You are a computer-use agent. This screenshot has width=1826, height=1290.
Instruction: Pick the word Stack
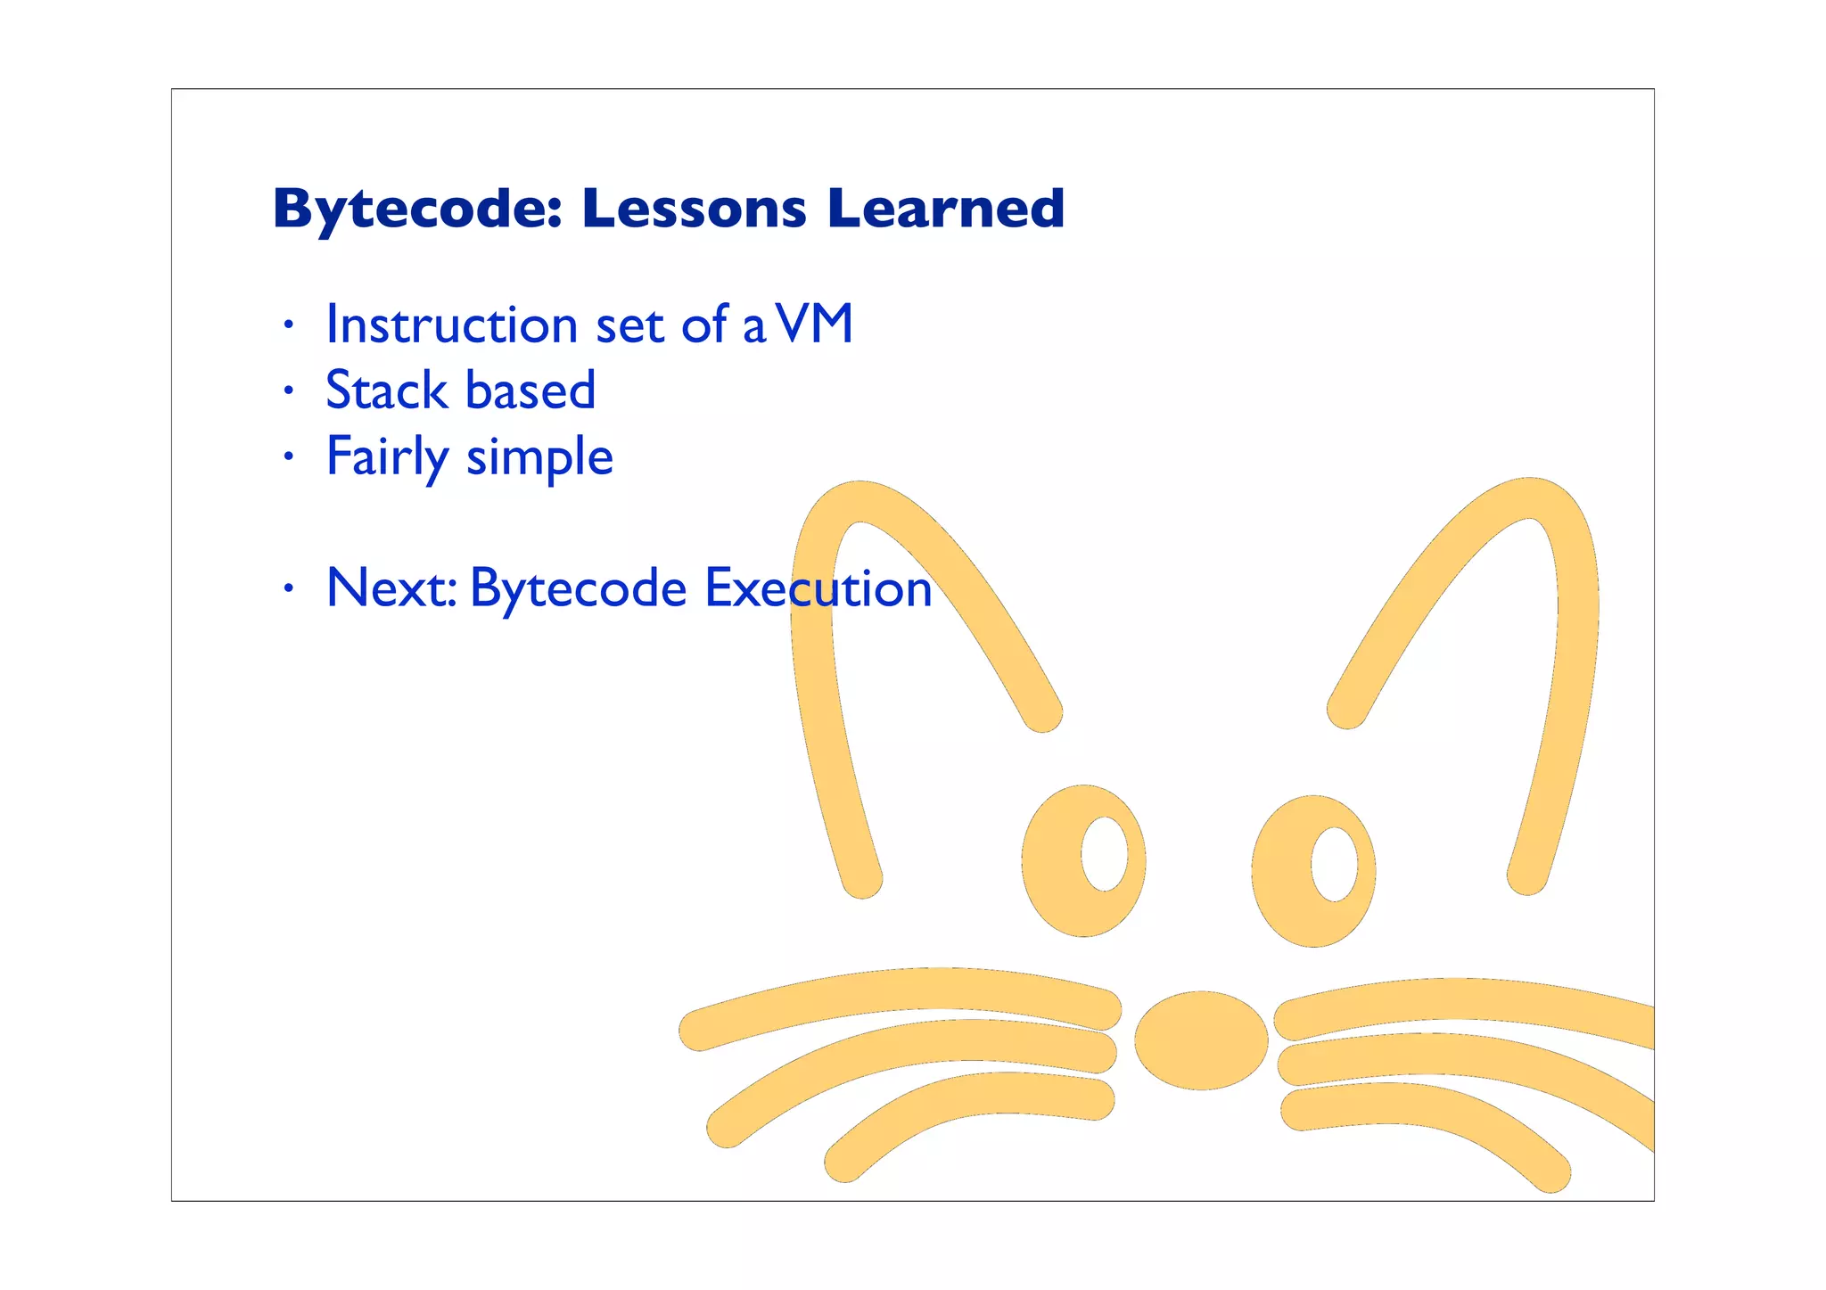386,390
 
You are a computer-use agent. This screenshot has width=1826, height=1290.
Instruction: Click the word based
531,390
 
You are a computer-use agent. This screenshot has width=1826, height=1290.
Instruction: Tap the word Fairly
387,458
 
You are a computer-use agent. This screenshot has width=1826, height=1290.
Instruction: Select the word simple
539,458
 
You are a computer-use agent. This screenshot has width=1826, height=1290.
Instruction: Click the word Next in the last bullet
391,588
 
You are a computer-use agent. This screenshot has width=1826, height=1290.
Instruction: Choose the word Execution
818,588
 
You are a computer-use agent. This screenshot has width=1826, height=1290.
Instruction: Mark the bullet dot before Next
287,587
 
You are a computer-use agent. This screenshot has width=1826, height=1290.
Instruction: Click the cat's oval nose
1201,1039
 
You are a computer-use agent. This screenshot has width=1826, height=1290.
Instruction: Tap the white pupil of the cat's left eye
1104,853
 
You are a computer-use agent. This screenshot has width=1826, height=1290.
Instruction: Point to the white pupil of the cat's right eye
1334,864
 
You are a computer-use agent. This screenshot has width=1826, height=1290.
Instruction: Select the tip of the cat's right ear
1532,497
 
